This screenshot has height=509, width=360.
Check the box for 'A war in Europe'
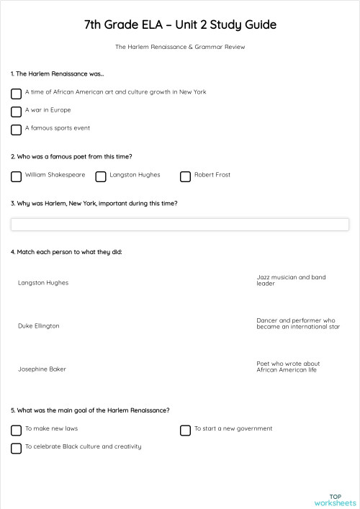16,112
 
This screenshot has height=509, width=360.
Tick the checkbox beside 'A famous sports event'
16,130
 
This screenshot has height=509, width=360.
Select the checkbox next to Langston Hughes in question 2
101,176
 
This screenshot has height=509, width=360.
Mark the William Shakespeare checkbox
16,176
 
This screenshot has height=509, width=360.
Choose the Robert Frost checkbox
185,176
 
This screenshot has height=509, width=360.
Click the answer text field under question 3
180,225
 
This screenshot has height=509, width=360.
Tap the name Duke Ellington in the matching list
39,326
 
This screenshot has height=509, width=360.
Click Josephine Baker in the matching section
42,369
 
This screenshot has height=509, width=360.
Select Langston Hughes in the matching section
43,283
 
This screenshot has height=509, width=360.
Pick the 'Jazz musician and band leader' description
291,280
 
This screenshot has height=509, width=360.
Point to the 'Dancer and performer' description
297,323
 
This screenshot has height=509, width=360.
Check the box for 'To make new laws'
16,431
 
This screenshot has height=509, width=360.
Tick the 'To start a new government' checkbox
185,431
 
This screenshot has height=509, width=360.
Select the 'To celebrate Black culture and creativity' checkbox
16,449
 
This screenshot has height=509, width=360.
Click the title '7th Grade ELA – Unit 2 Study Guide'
180,25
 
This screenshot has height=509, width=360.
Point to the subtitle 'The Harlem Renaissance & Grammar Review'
180,47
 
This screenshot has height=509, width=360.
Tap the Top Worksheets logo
335,499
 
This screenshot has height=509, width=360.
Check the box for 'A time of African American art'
16,94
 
